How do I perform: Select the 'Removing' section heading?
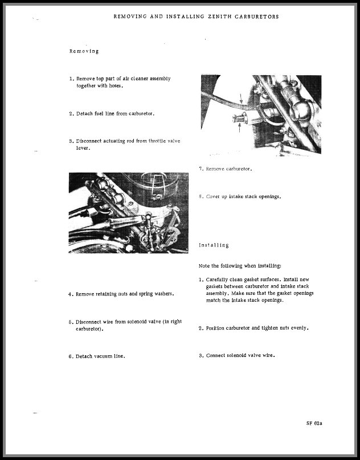[x=84, y=51]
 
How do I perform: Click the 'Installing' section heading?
[x=214, y=245]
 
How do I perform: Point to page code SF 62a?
[x=318, y=424]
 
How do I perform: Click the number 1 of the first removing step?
[x=71, y=79]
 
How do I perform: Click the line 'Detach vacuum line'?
[x=100, y=356]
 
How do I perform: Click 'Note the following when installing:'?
[x=239, y=266]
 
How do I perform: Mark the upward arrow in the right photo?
[x=239, y=129]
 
